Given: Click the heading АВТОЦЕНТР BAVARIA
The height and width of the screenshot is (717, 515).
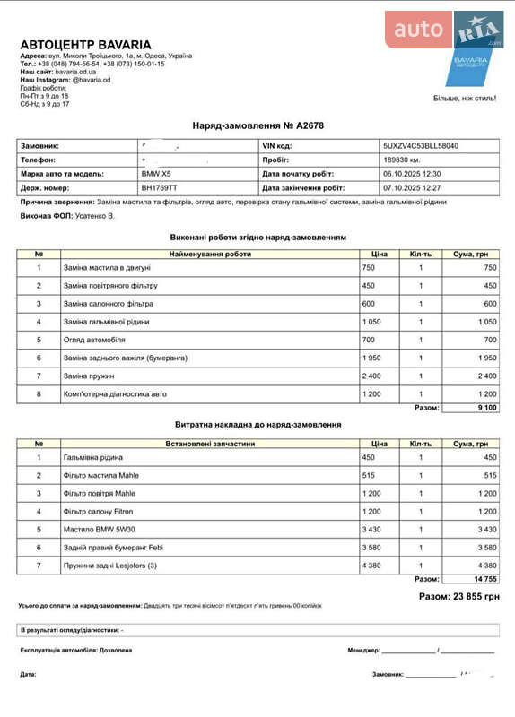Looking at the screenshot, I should (85, 45).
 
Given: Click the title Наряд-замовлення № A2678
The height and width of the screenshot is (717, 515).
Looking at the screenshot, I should (257, 125).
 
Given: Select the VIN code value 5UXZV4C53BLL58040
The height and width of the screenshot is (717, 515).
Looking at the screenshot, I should (420, 145).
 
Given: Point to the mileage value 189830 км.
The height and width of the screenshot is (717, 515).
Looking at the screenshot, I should (402, 160).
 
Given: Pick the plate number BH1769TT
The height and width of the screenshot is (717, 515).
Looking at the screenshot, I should (159, 188).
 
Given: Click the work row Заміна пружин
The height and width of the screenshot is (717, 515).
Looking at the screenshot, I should (89, 376).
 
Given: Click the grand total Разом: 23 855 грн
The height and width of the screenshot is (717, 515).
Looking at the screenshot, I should (458, 596).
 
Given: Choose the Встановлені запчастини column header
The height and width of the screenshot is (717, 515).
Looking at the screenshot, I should (210, 444).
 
